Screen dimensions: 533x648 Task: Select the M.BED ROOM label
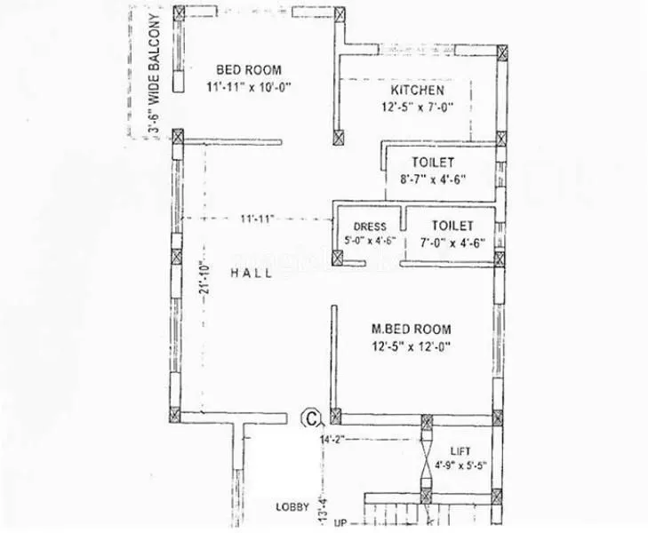pos(410,329)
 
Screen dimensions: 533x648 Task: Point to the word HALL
pos(252,274)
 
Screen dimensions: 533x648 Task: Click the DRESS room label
pos(368,227)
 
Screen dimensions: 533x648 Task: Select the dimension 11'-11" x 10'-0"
pos(249,87)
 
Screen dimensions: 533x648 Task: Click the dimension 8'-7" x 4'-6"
pos(433,179)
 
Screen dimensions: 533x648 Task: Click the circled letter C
pos(311,416)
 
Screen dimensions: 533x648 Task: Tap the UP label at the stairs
pos(340,525)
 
